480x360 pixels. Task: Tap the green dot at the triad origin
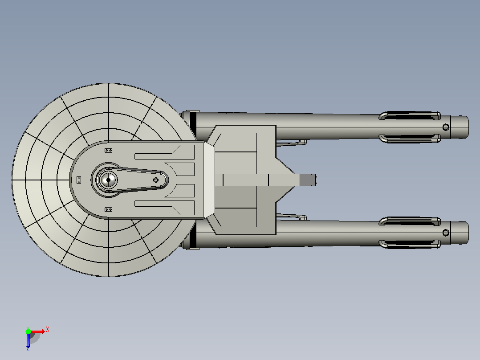(28, 331)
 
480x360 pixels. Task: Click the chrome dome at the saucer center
(108, 180)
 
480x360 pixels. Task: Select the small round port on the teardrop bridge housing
(156, 180)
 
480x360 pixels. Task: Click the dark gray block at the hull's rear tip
(308, 180)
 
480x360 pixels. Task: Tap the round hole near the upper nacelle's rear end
(446, 127)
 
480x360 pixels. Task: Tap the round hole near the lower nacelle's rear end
(446, 233)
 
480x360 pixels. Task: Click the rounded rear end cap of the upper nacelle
(460, 127)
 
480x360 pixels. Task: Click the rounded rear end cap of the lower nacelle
(460, 233)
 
